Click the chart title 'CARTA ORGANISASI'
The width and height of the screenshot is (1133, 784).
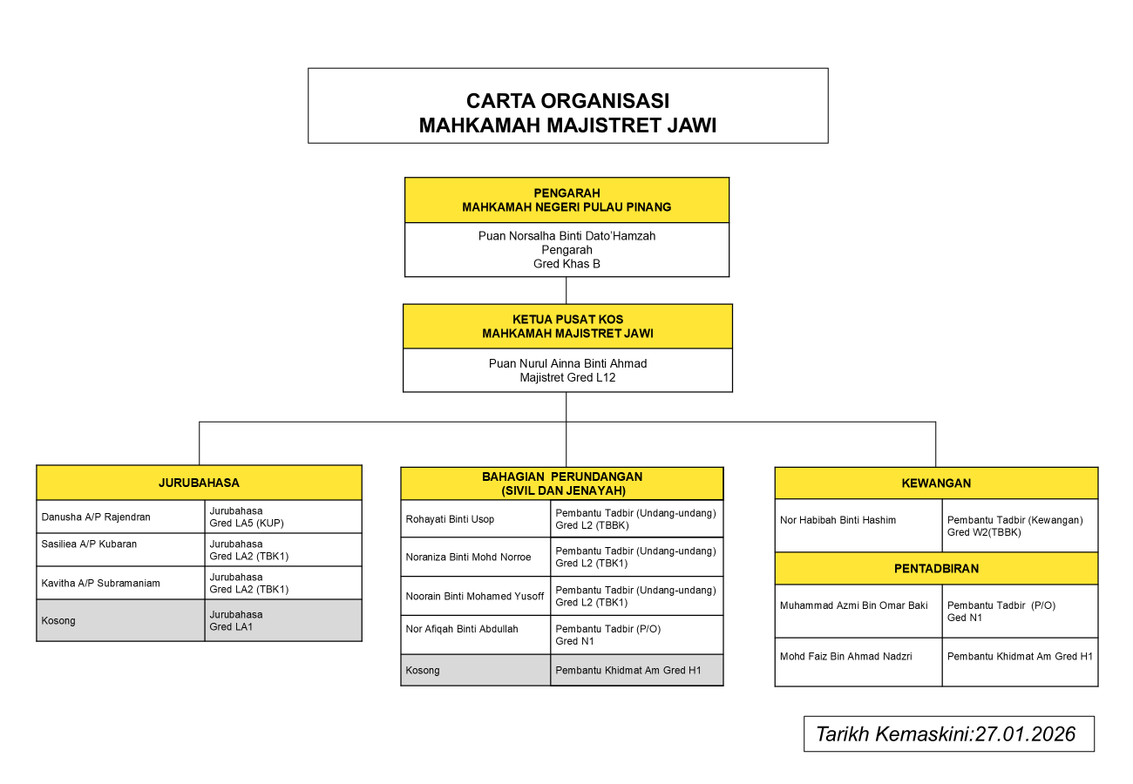[567, 101]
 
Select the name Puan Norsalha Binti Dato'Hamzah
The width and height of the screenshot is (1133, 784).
[566, 236]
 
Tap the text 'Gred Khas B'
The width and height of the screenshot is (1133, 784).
[566, 264]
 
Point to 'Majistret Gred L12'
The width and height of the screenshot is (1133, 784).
[567, 378]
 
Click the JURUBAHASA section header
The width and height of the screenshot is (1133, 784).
[199, 483]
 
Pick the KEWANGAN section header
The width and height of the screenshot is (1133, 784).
[936, 483]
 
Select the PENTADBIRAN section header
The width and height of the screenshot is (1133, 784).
[936, 569]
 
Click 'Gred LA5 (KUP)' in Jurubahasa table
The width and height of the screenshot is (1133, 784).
[247, 524]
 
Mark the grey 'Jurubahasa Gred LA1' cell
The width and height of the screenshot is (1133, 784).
[282, 620]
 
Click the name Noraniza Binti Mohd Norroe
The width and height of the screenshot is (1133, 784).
[468, 558]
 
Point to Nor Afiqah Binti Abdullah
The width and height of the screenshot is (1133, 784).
[462, 629]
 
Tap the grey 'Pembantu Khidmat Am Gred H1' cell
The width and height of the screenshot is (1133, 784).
[636, 671]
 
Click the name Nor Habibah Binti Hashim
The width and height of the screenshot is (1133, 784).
[838, 521]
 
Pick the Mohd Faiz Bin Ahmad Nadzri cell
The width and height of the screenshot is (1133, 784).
[845, 657]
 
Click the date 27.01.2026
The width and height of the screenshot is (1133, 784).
[1025, 734]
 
